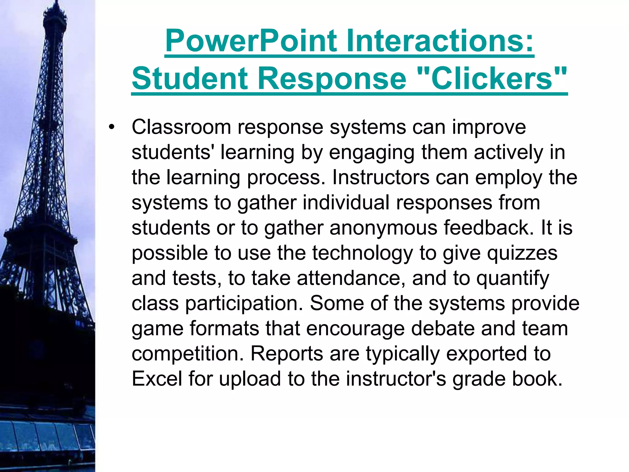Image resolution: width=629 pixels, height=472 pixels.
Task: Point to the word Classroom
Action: pyautogui.click(x=181, y=127)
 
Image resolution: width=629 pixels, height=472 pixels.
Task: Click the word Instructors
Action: pyautogui.click(x=381, y=177)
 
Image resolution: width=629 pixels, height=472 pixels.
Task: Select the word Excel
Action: pyautogui.click(x=157, y=379)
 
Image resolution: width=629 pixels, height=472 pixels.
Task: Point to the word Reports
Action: pyautogui.click(x=287, y=354)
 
